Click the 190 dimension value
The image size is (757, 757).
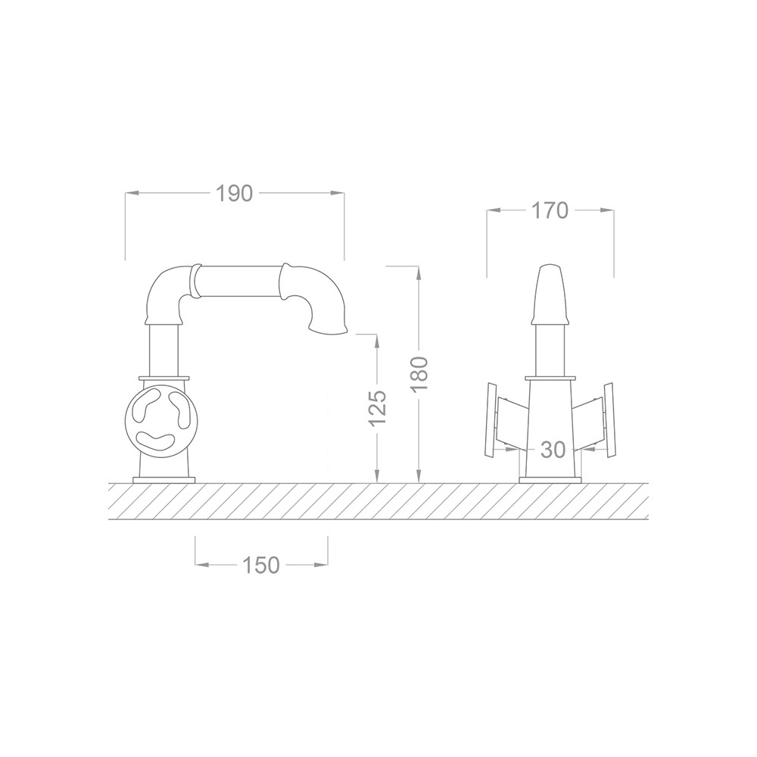coord(234,194)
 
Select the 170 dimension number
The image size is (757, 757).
coord(550,210)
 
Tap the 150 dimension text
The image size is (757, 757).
coord(260,565)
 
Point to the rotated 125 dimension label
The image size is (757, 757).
coord(378,408)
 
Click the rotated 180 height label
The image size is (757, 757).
coord(419,375)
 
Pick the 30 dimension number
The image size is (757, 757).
coord(553,450)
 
